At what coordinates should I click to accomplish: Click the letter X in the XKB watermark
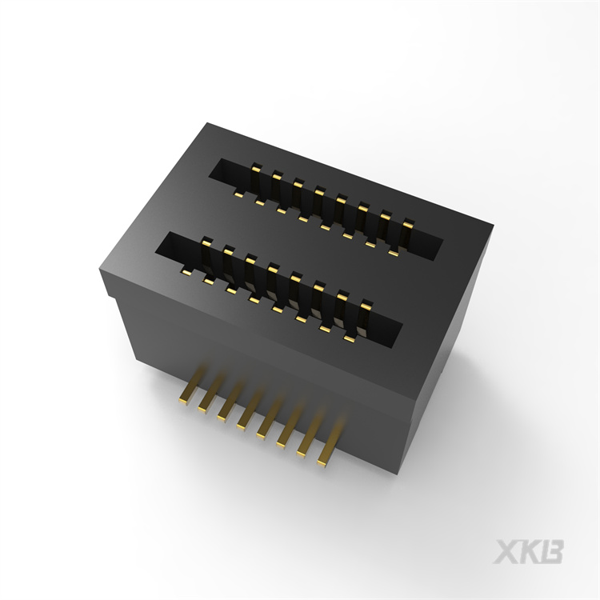[x=509, y=552]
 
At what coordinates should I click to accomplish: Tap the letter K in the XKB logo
[x=530, y=552]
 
